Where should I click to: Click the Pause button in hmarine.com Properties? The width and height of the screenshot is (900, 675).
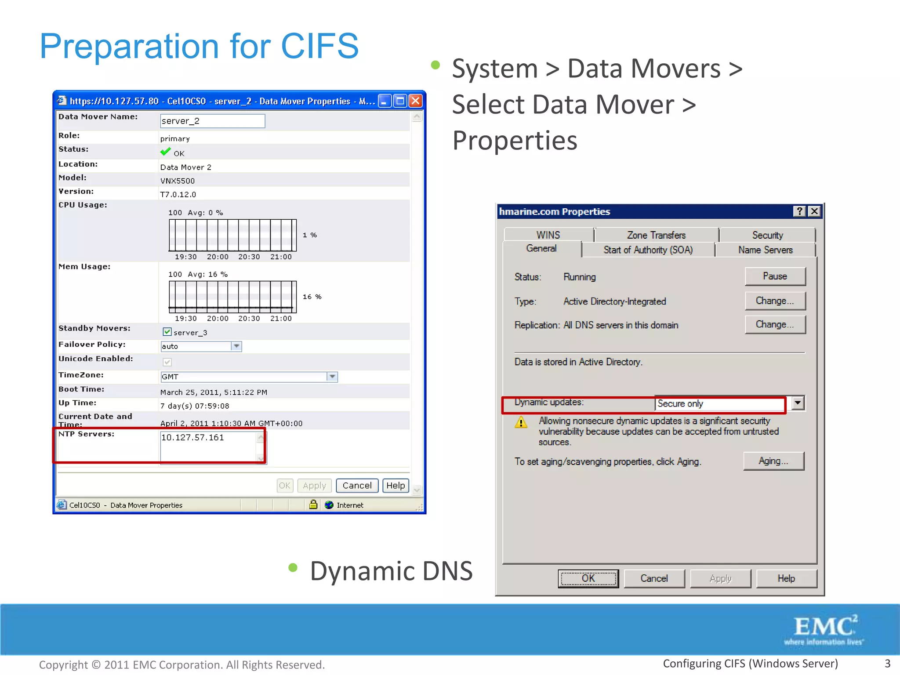[775, 276]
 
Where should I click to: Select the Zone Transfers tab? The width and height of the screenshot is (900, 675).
[656, 235]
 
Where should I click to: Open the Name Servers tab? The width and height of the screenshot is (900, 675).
[765, 250]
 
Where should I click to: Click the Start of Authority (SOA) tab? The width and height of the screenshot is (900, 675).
[648, 250]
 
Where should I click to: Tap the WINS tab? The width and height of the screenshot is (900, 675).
[548, 235]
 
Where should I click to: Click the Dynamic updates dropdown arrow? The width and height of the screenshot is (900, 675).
[798, 403]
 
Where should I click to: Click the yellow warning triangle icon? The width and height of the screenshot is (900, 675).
[521, 423]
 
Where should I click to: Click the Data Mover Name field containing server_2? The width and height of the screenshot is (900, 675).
[212, 121]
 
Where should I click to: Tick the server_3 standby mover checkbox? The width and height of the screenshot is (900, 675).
[167, 332]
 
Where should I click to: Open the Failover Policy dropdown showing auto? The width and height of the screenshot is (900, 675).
[236, 346]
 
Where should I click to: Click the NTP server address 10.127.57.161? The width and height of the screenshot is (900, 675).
[192, 438]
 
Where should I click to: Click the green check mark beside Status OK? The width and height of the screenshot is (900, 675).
[165, 152]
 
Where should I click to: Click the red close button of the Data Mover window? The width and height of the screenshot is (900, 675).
[415, 102]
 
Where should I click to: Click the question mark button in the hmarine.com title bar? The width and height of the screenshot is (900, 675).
[799, 211]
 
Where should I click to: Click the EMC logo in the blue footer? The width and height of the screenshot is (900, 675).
[824, 629]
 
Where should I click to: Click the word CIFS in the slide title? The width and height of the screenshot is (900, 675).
[319, 46]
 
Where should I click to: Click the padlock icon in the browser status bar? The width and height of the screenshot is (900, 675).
[313, 504]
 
